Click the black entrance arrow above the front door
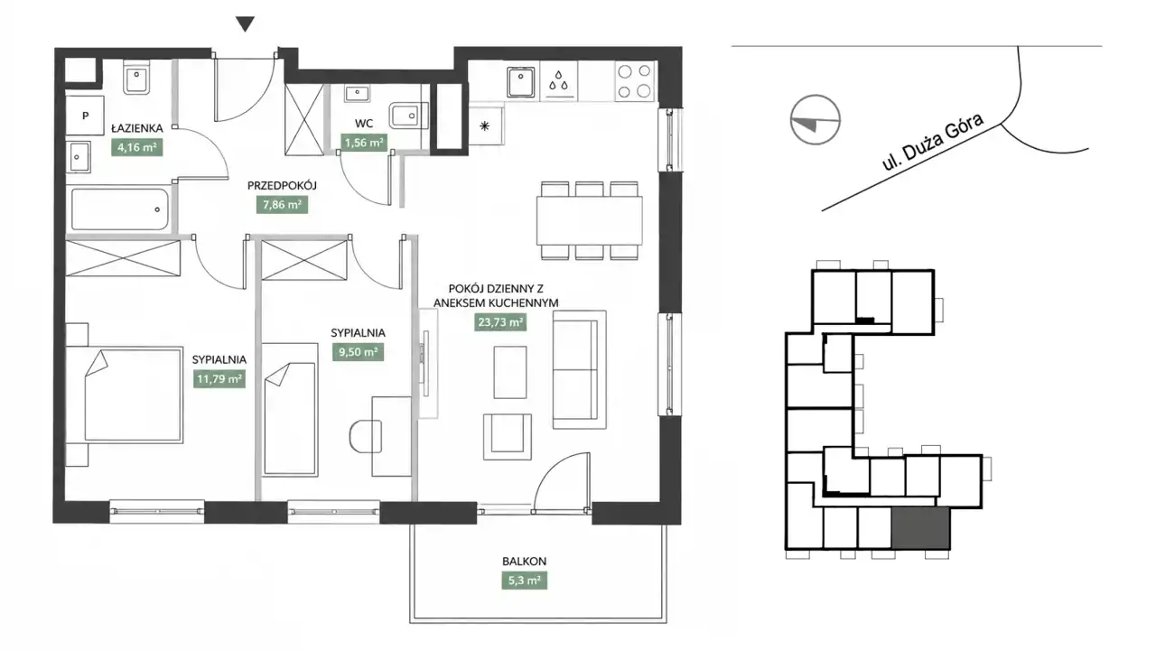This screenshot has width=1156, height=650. tap(245, 23)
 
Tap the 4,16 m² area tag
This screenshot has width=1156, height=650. tap(136, 147)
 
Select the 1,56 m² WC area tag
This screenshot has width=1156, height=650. tap(364, 143)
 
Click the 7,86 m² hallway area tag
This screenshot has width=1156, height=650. tap(282, 205)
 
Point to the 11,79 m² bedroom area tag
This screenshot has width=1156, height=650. tap(219, 379)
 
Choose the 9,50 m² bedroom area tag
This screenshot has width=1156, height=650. tap(359, 352)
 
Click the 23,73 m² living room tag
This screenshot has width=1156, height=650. tap(500, 322)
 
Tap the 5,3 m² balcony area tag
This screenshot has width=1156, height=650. tap(525, 580)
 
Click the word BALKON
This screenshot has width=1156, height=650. tap(525, 562)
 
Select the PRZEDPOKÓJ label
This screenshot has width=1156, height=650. tap(282, 186)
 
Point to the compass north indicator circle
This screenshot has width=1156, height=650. tap(816, 120)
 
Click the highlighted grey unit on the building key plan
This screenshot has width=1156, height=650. tap(920, 527)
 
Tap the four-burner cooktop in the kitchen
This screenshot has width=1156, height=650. tap(635, 81)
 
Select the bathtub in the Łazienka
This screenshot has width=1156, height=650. tap(120, 209)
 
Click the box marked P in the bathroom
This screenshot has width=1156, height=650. tap(85, 116)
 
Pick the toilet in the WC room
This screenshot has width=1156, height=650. tap(409, 116)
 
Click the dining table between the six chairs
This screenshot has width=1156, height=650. tap(590, 221)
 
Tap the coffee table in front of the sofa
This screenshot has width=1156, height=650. tap(510, 372)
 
